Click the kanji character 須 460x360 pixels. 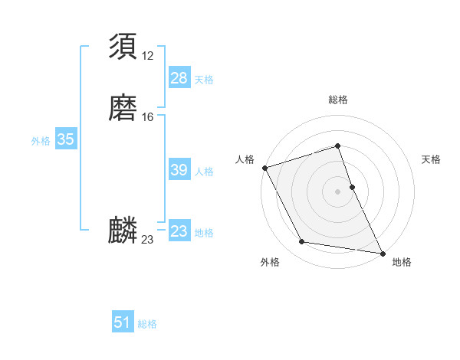[x=123, y=46]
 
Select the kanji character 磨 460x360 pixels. [x=123, y=107]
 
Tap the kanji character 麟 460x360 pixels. [x=123, y=231]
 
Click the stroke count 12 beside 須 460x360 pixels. [x=147, y=56]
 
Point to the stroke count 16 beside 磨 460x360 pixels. [x=147, y=117]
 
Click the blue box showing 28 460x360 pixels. [x=179, y=78]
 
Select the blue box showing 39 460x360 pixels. [x=179, y=170]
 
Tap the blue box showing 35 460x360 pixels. [x=65, y=139]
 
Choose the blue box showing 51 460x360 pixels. [x=123, y=322]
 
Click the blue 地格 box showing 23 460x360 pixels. [x=179, y=231]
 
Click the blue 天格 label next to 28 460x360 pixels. [x=204, y=80]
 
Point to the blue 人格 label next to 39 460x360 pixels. [x=204, y=172]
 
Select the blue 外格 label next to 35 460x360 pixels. [x=41, y=141]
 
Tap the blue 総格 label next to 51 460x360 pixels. [x=147, y=324]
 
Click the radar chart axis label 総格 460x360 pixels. [x=338, y=100]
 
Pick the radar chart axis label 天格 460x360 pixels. [x=431, y=159]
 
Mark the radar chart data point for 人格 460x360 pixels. [x=264, y=168]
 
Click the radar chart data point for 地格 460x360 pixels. [x=383, y=252]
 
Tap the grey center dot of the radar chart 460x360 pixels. [x=338, y=191]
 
